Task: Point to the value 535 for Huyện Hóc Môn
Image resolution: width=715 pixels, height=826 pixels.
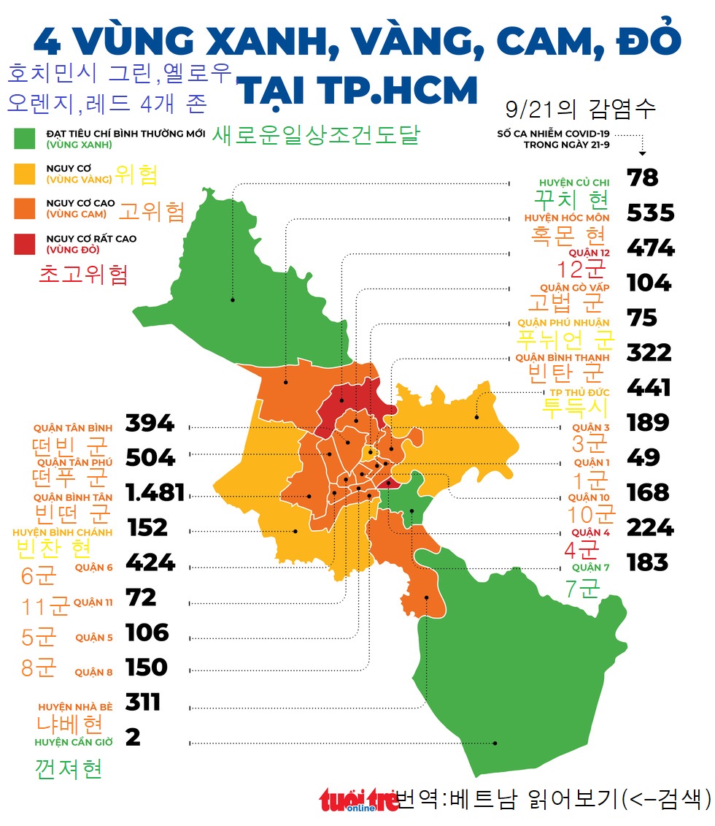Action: point(650,213)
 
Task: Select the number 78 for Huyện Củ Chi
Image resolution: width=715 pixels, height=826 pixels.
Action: point(642,177)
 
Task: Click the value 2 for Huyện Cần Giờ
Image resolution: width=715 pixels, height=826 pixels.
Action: point(133,737)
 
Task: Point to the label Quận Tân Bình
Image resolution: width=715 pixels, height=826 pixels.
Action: point(72,428)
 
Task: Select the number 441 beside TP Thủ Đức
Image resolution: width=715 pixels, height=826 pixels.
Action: point(649,387)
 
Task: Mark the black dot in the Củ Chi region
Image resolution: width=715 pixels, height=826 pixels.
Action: point(233,299)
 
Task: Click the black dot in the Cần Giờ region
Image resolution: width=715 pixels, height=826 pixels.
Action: point(495,743)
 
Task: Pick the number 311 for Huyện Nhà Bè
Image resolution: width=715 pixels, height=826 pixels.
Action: point(143,702)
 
